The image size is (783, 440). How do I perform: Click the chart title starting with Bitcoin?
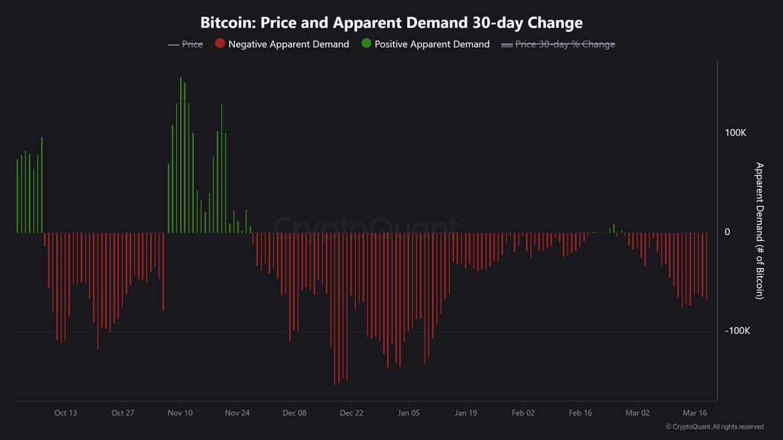coord(391,22)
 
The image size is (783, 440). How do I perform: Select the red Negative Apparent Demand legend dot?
coord(219,44)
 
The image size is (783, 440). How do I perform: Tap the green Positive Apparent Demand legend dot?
coord(365,44)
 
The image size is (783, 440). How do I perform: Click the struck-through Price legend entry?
coord(185,44)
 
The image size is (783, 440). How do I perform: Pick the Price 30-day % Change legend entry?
coord(558,44)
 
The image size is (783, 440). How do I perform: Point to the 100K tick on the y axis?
coord(735,133)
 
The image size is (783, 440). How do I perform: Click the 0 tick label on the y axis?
coord(728,233)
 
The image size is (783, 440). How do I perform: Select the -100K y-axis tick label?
coord(737,332)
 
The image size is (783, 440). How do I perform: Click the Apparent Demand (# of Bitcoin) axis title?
coord(759,231)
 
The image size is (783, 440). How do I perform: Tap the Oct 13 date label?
coord(66,413)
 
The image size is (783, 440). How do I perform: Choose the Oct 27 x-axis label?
coord(123,413)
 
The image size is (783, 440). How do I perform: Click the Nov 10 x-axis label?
coord(180,413)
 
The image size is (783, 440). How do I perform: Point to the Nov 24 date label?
coord(238,413)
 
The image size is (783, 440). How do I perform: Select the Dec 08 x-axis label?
coord(294,413)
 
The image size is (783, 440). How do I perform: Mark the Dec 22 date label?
coord(352,413)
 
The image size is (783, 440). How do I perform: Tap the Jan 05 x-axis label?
coord(408,413)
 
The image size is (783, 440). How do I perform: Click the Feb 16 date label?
coord(580,413)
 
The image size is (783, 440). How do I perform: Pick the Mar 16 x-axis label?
coord(694,413)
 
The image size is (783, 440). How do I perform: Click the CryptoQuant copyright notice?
coord(714,427)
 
